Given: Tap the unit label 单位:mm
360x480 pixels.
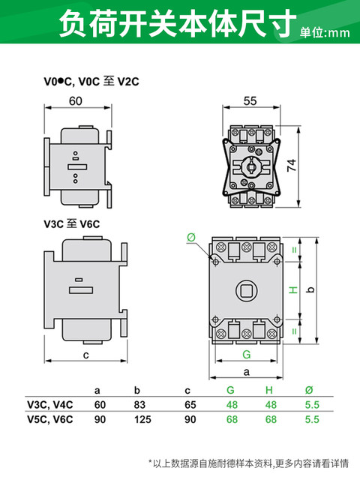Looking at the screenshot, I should point(325,32).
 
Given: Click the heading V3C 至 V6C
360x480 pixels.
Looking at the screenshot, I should point(72,223).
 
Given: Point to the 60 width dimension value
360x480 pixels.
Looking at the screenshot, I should point(76,100).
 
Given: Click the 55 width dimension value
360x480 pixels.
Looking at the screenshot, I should point(250,100).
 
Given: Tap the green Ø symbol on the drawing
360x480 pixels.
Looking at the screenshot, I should point(190,237).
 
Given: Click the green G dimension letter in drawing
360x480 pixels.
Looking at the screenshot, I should point(246,354).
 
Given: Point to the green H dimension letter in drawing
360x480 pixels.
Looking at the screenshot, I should point(293,289).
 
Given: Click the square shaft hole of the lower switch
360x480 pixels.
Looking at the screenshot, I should point(246,289).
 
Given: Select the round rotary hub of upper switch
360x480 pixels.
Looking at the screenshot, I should point(250,163).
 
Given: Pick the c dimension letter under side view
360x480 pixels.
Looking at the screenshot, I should point(86,354).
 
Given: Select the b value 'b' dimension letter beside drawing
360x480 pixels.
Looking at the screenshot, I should point(331,289).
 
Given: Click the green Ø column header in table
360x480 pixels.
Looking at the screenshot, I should point(308,391).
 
